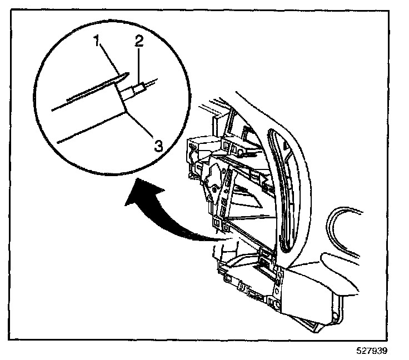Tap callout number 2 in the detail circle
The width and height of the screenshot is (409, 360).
click(139, 41)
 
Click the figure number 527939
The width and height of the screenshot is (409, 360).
click(372, 351)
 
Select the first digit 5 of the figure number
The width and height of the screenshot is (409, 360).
click(360, 351)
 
